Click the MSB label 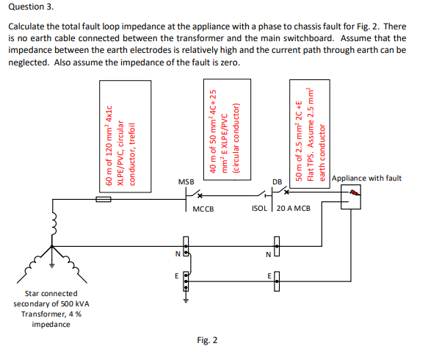tap(186, 181)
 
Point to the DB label tap(277, 182)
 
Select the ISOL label tap(260, 209)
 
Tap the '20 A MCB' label tap(294, 209)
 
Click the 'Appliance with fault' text tap(366, 178)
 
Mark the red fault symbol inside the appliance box tap(355, 192)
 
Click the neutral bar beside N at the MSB tap(186, 247)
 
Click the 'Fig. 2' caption tap(208, 339)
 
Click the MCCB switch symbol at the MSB tap(194, 195)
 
